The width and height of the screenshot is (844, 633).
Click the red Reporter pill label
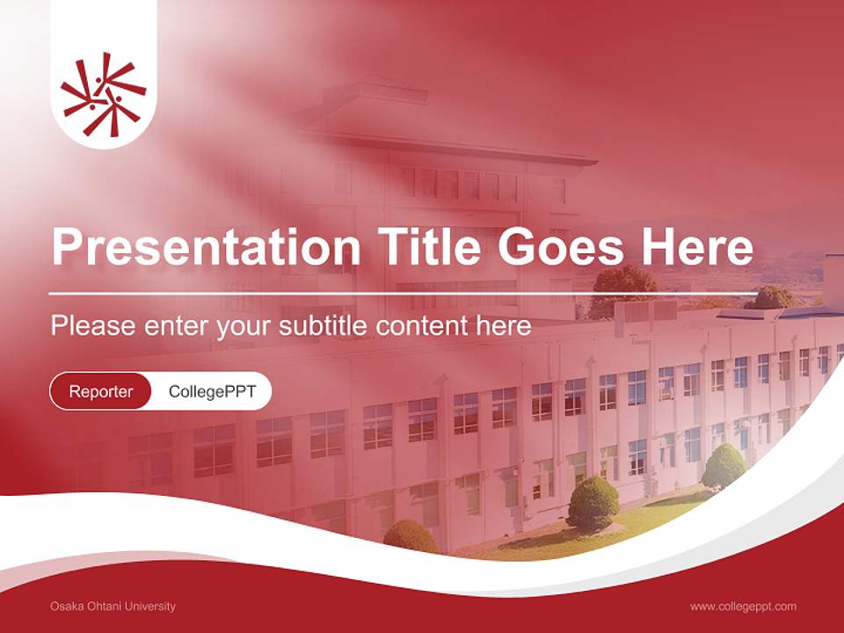[x=100, y=391]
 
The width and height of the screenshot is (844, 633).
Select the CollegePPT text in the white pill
[x=212, y=391]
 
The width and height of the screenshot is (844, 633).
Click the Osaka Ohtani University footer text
[x=113, y=606]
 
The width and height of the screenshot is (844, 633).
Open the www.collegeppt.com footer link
[x=743, y=606]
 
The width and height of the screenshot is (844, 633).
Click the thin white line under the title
[x=404, y=293]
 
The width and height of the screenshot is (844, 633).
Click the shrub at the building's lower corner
[x=411, y=536]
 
